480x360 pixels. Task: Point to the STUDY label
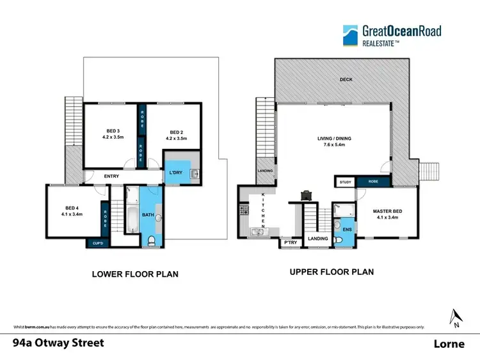pyautogui.click(x=346, y=182)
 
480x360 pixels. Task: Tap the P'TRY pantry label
pyautogui.click(x=287, y=243)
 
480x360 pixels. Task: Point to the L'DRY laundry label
pyautogui.click(x=175, y=173)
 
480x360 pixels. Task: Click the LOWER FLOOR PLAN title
pyautogui.click(x=135, y=274)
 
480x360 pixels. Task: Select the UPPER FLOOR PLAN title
pyautogui.click(x=332, y=272)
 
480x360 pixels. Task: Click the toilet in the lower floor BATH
pyautogui.click(x=151, y=240)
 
